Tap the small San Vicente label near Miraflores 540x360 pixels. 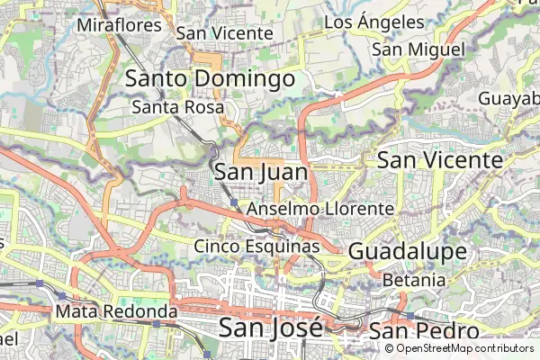tap(224, 32)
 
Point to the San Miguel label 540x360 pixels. tap(418, 49)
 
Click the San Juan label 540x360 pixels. tap(261, 171)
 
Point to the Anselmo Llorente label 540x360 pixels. tap(319, 208)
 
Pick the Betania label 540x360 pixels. tap(414, 280)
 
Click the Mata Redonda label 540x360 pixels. tap(116, 311)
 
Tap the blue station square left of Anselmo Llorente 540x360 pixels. tap(234, 204)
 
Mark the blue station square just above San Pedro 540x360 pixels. tap(409, 316)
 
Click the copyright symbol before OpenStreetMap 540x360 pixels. tap(390, 348)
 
